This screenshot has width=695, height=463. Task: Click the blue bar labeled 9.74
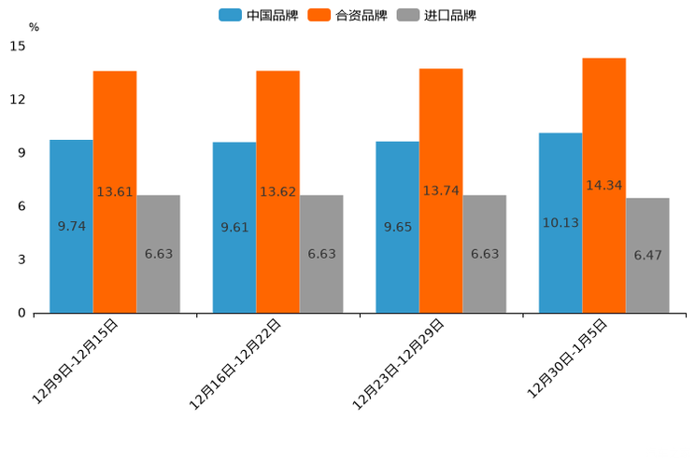pos(71,226)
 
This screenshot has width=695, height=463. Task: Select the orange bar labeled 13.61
pos(115,191)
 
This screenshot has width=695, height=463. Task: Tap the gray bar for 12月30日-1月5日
pos(647,255)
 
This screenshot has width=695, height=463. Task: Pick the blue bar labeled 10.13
pos(560,222)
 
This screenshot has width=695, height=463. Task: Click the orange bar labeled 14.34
pos(604,185)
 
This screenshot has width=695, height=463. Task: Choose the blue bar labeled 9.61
pos(234,227)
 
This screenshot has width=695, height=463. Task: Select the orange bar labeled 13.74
pos(441,190)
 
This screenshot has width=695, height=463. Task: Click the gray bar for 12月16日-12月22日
pos(321,254)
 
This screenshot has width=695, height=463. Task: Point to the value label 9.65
pos(398,227)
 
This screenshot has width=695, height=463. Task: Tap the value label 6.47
pos(647,255)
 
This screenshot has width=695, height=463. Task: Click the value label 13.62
pos(277,192)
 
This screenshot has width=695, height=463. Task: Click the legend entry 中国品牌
pos(259,15)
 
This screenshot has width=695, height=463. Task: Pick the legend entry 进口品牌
pos(436,15)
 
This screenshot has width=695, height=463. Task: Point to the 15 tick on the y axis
pos(18,46)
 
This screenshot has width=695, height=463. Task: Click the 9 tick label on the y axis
pos(21,153)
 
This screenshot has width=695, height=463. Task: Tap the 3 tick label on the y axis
pos(21,260)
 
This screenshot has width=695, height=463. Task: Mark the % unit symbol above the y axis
pos(34,27)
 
